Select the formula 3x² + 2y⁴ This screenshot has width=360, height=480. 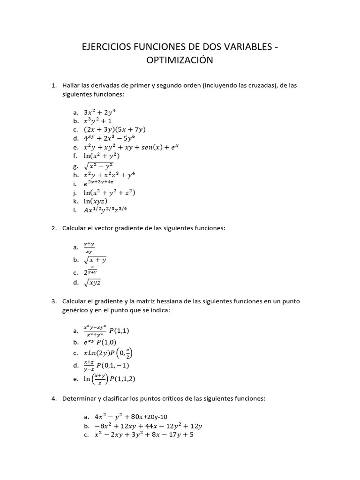[x=99, y=112]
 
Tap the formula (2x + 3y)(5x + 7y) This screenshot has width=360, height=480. [x=115, y=129]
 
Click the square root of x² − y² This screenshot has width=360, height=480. [x=98, y=165]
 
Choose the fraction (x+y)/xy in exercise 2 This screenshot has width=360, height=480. [x=89, y=247]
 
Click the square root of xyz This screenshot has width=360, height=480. [x=92, y=282]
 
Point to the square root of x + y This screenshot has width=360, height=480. [x=95, y=259]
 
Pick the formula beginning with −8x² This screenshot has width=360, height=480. [x=142, y=426]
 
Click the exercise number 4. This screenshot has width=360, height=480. [x=53, y=399]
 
